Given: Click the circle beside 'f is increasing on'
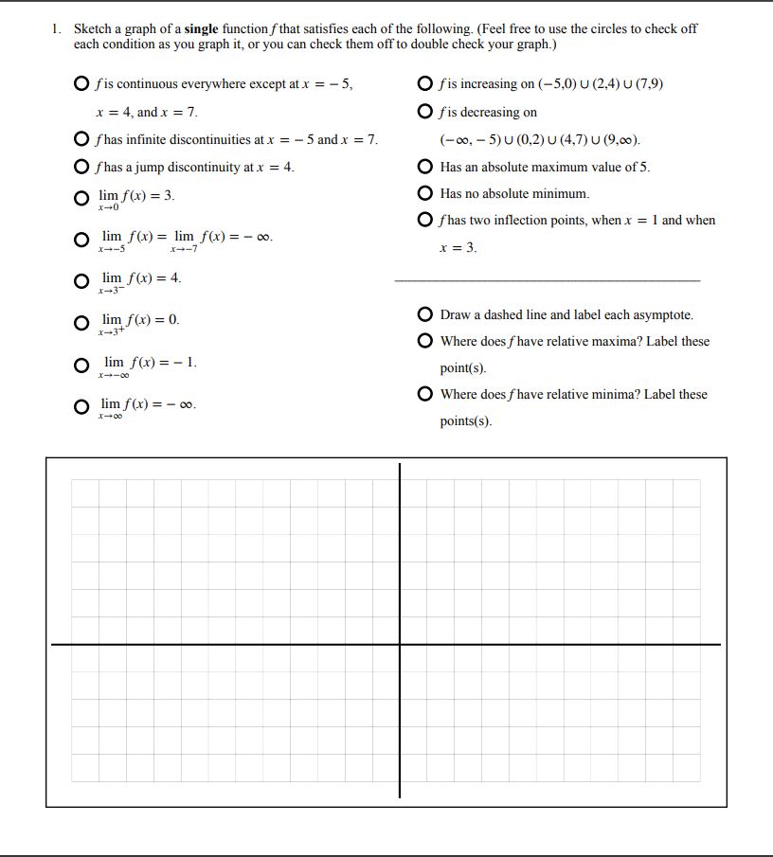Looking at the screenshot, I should [x=426, y=84].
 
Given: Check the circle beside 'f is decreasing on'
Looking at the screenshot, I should [x=426, y=112].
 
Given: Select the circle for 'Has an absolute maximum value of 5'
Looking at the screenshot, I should [x=426, y=167].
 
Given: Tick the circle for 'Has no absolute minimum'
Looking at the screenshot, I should [x=426, y=193].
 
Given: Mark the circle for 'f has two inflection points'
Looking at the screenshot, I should [x=426, y=221].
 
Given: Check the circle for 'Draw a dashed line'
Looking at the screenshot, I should [x=426, y=314].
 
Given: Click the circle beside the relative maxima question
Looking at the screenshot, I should [x=426, y=341].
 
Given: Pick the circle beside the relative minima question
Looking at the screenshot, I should [x=426, y=394].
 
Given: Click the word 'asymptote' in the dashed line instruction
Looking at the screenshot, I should [x=664, y=314].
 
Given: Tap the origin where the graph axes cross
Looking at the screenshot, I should [x=400, y=644].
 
